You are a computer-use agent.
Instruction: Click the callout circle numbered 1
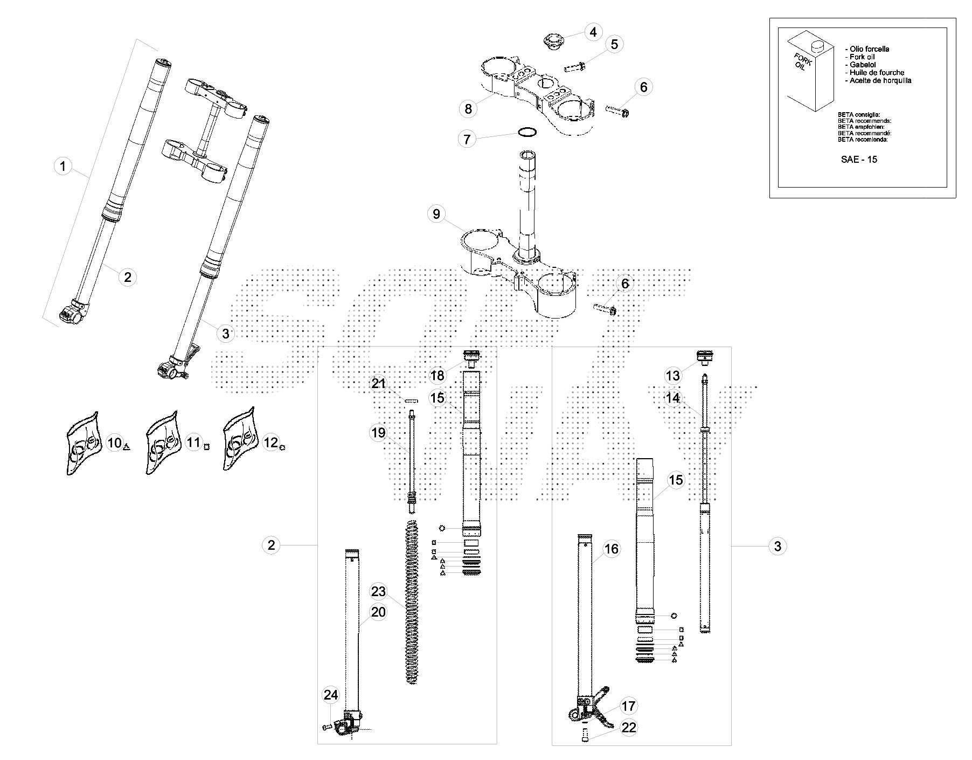click(x=63, y=166)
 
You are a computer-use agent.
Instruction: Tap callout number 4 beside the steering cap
click(x=593, y=32)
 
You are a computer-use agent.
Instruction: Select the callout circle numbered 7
click(x=467, y=139)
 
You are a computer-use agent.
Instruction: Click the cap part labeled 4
click(x=552, y=42)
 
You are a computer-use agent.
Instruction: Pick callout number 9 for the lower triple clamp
click(x=436, y=214)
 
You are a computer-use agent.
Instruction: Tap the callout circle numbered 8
click(x=468, y=109)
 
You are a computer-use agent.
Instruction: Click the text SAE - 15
click(x=859, y=160)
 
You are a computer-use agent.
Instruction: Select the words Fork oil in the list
click(x=862, y=57)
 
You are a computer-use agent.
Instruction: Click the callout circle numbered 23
click(x=378, y=592)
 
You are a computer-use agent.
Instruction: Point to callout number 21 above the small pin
click(x=379, y=383)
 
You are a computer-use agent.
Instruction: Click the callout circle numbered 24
click(x=330, y=695)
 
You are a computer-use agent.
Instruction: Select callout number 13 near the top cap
click(x=673, y=375)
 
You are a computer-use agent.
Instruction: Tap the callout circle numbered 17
click(x=629, y=706)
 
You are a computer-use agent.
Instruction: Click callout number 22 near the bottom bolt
click(x=629, y=728)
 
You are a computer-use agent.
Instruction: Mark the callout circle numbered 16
click(x=612, y=549)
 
